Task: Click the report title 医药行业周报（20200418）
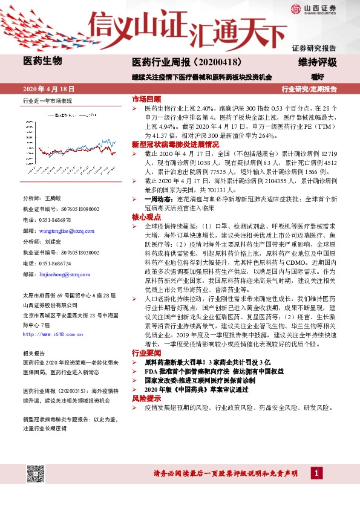(186, 62)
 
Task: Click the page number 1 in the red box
(317, 489)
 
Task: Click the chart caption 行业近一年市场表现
(47, 100)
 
